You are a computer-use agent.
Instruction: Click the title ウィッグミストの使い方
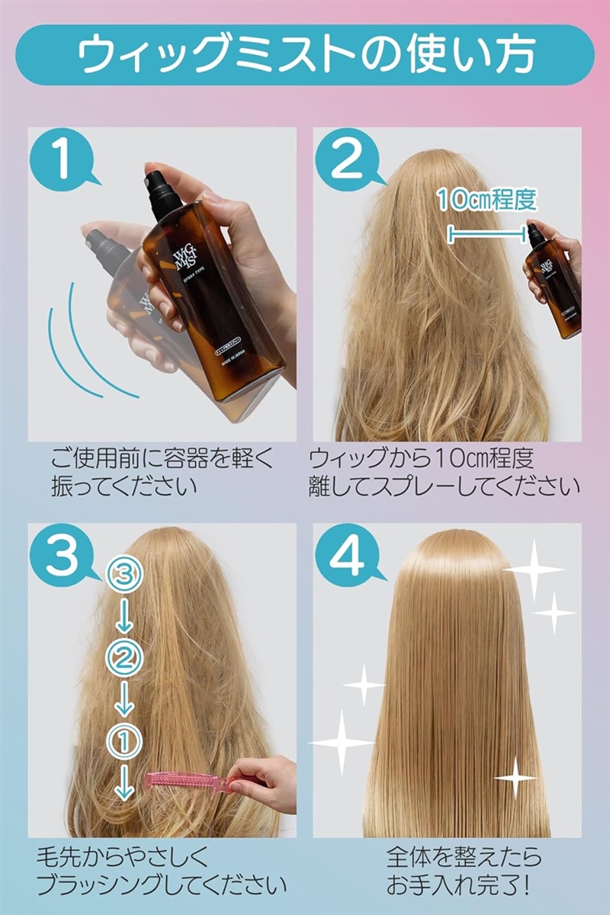305,54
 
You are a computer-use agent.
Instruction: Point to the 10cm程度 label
486,199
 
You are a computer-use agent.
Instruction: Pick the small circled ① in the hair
124,737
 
